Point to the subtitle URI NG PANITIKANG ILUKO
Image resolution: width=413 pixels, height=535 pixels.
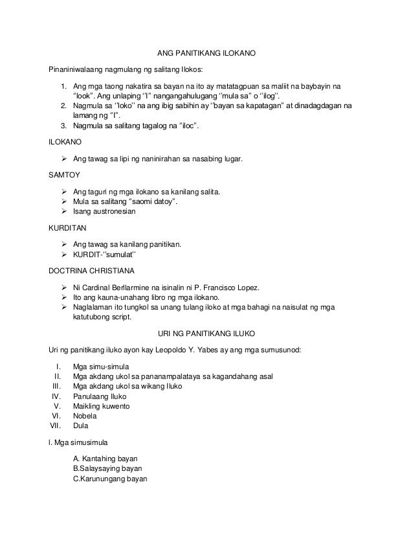(x=207, y=334)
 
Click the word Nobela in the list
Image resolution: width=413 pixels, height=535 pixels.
(x=85, y=416)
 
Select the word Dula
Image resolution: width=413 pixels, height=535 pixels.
(x=81, y=426)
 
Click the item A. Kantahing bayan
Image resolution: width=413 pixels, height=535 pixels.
(x=105, y=458)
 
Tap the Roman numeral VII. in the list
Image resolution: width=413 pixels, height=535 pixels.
(x=55, y=426)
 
